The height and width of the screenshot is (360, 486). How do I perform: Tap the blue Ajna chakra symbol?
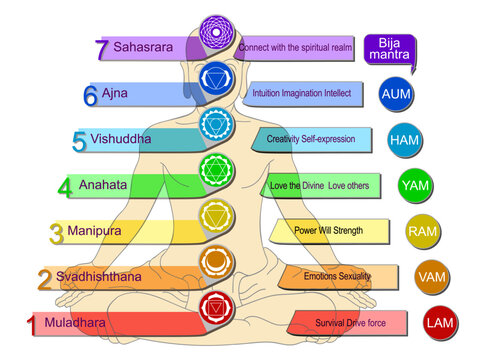click(215, 77)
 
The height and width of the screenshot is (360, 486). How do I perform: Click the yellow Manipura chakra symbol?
click(216, 215)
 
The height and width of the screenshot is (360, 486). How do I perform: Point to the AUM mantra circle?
click(397, 94)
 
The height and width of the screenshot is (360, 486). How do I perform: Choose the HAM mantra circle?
click(404, 140)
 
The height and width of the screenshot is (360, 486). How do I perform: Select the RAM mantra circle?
click(422, 232)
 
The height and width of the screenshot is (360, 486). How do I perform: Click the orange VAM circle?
click(431, 276)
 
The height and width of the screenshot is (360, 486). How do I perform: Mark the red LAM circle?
click(439, 323)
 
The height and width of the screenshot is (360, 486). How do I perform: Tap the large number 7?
click(100, 47)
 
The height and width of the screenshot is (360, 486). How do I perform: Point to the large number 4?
click(64, 186)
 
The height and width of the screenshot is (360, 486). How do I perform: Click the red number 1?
click(31, 324)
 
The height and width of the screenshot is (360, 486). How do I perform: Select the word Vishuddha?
click(121, 139)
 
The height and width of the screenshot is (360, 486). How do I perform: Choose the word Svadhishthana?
click(98, 276)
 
